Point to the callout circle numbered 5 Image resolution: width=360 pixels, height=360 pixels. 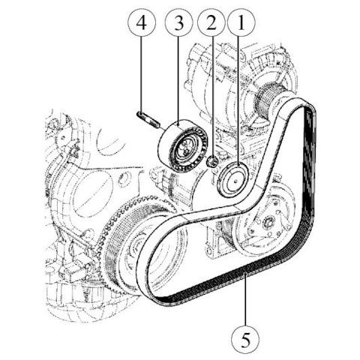(x=245, y=339)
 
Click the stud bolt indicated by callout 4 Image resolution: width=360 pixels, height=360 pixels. (x=148, y=120)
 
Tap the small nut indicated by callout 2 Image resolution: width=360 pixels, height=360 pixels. (x=212, y=161)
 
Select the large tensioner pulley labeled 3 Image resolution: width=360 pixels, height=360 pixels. (x=182, y=145)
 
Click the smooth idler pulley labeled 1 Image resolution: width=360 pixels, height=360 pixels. (x=232, y=179)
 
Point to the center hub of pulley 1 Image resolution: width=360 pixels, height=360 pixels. (x=235, y=181)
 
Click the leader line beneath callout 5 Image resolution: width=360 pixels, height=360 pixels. (x=245, y=299)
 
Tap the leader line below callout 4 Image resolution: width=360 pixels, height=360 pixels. (x=142, y=75)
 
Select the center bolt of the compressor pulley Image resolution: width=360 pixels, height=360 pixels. (x=270, y=221)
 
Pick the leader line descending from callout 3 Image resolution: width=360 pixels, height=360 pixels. (x=178, y=80)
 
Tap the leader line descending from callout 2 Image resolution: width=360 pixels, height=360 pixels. (x=212, y=96)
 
